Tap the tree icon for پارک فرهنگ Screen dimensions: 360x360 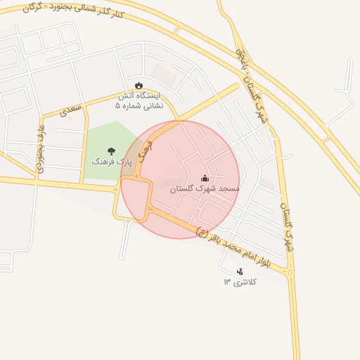(110, 150)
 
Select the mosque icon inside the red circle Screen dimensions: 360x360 (205, 178)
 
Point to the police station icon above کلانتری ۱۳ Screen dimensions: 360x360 (240, 271)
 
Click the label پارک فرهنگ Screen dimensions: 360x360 (112, 161)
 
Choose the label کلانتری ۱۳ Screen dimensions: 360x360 (240, 282)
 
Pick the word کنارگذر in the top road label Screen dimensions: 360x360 (108, 14)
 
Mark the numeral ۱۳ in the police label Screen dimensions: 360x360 (227, 282)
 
